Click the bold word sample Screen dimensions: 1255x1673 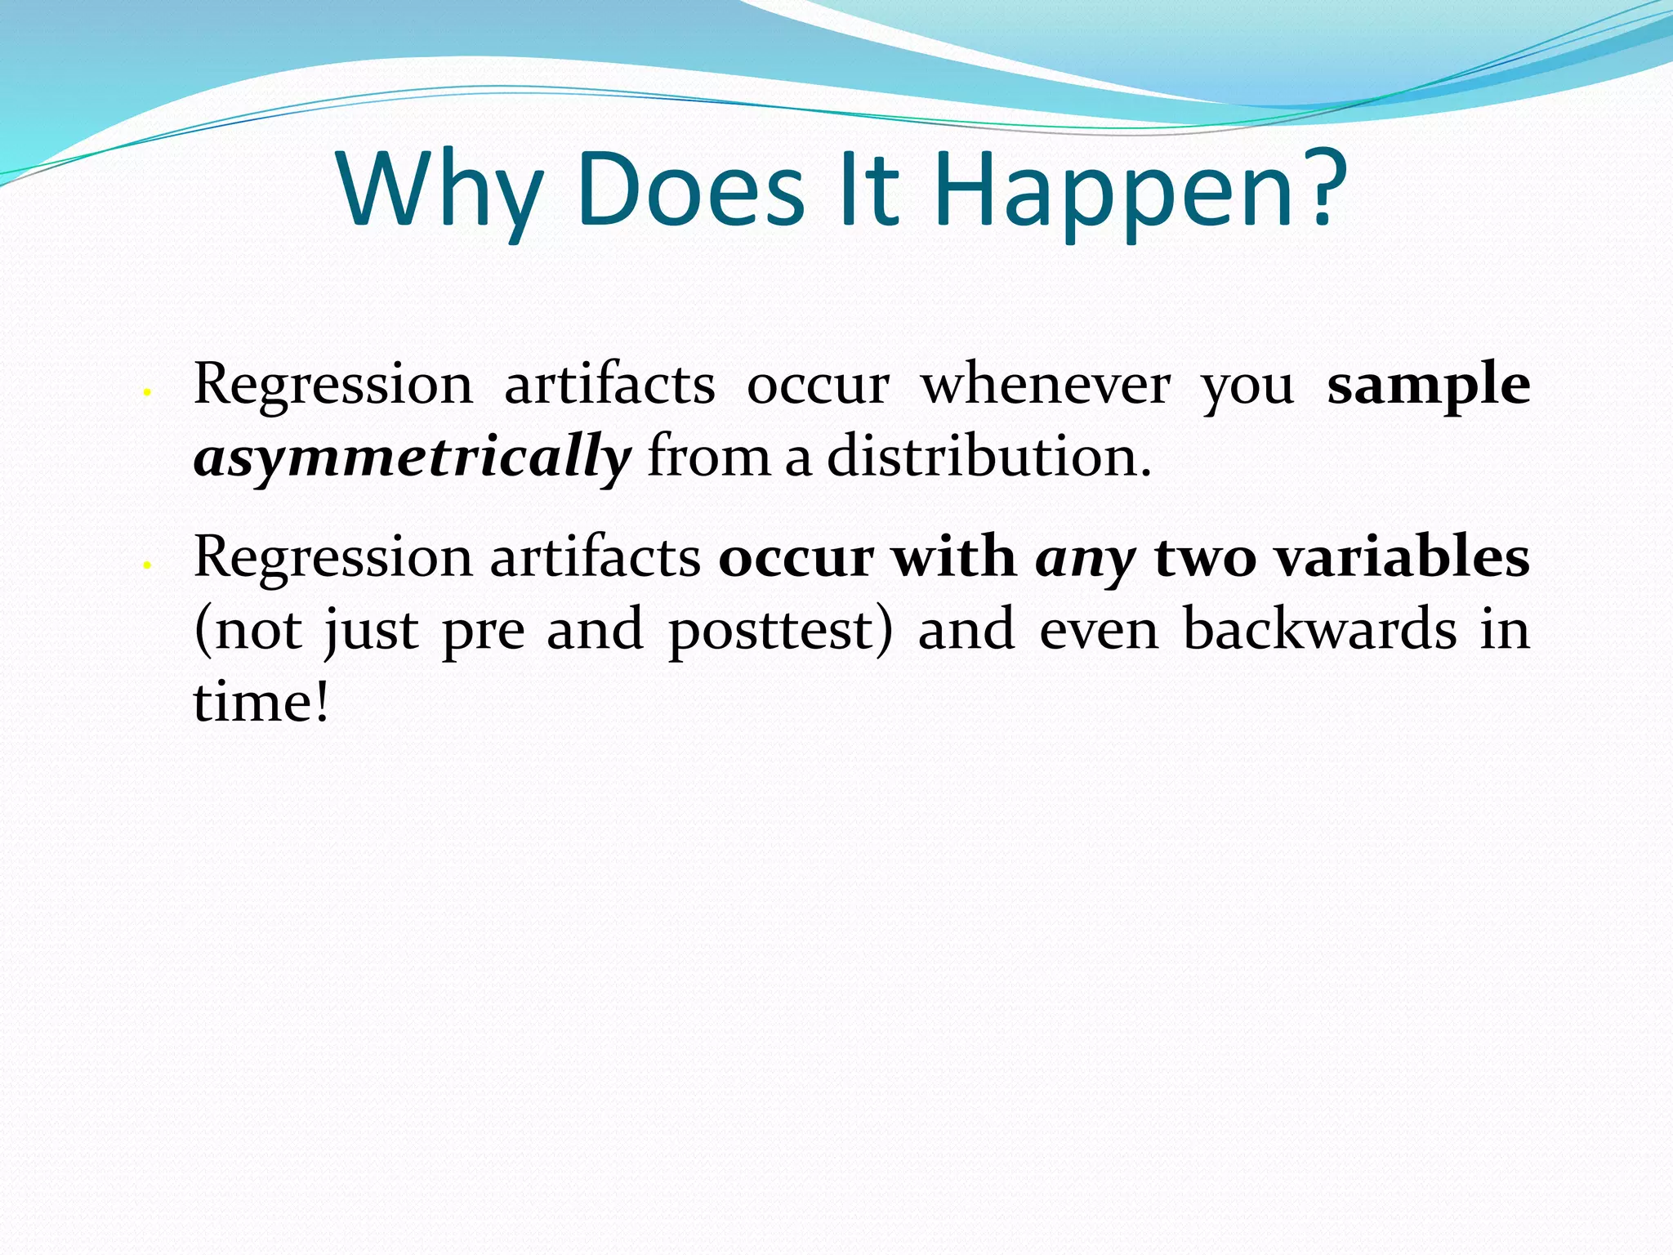pyautogui.click(x=1428, y=384)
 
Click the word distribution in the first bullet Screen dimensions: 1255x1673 pyautogui.click(x=988, y=456)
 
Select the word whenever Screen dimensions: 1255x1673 pyautogui.click(x=1046, y=384)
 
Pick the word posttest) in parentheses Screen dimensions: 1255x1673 pyautogui.click(x=781, y=631)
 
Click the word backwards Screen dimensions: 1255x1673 pyautogui.click(x=1319, y=629)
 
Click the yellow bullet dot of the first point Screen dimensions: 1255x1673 pyautogui.click(x=145, y=393)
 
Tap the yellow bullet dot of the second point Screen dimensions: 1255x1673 pyautogui.click(x=145, y=565)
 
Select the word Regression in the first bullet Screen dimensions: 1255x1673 pyautogui.click(x=333, y=384)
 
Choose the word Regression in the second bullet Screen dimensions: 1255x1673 pyautogui.click(x=333, y=558)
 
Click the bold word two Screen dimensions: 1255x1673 pyautogui.click(x=1205, y=558)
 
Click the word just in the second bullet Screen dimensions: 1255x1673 pyautogui.click(x=372, y=631)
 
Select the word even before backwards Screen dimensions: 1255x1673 pyautogui.click(x=1099, y=630)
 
